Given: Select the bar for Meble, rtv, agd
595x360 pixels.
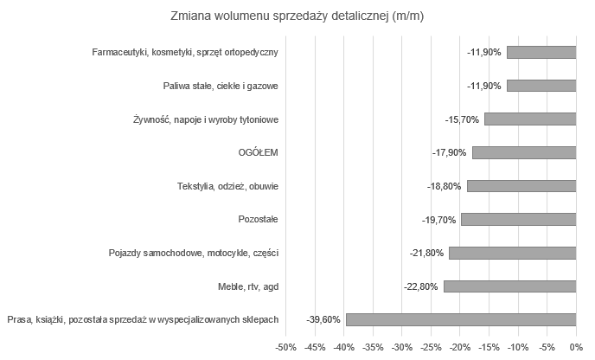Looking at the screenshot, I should pyautogui.click(x=509, y=286).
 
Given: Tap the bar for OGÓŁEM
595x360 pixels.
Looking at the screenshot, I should pyautogui.click(x=524, y=152).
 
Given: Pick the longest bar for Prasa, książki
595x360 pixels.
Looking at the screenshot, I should pyautogui.click(x=461, y=319).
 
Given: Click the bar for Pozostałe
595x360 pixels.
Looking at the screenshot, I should pyautogui.click(x=519, y=219).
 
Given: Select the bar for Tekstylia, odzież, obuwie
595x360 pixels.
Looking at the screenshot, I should pyautogui.click(x=521, y=186).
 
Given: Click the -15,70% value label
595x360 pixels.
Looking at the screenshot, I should pyautogui.click(x=462, y=119).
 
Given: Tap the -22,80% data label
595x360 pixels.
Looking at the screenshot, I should pyautogui.click(x=421, y=286).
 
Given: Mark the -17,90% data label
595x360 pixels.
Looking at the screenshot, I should pyautogui.click(x=450, y=153).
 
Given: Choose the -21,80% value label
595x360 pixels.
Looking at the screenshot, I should pyautogui.click(x=427, y=253).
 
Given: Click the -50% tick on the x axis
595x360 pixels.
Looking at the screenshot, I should pyautogui.click(x=285, y=348).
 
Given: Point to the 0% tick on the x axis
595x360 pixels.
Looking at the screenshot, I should pyautogui.click(x=576, y=348).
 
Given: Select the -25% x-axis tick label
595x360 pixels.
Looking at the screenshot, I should pyautogui.click(x=431, y=348).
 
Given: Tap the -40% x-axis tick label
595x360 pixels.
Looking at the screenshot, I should pyautogui.click(x=343, y=348).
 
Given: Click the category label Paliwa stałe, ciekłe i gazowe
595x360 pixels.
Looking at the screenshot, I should pyautogui.click(x=221, y=86).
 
